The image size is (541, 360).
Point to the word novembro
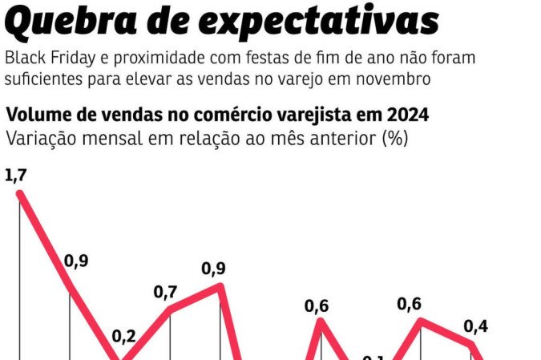click(x=397, y=80)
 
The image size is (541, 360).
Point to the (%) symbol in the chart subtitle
click(x=395, y=137)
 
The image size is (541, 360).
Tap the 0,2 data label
click(x=123, y=336)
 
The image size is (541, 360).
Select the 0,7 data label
click(x=166, y=292)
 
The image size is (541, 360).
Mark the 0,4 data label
click(x=476, y=326)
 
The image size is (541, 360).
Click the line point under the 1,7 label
click(x=20, y=194)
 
